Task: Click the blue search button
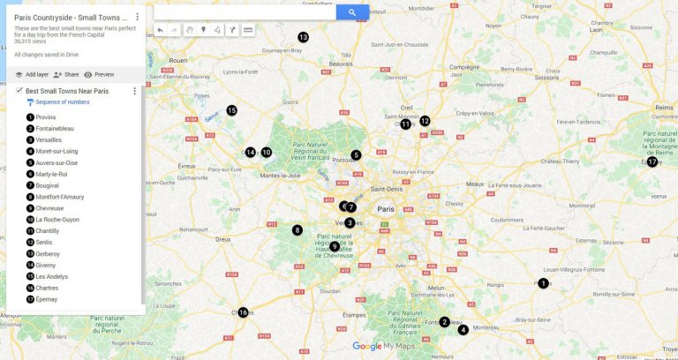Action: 352,12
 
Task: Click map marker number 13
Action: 303,37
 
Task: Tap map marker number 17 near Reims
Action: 652,161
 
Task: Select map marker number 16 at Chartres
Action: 243,311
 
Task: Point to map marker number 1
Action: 543,283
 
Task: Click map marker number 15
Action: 231,110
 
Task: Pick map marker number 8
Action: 298,230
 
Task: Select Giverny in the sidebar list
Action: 46,265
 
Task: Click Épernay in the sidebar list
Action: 47,299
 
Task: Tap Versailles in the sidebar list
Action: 49,140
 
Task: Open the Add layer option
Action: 31,75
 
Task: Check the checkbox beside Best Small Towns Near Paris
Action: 19,91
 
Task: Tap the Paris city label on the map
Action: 386,209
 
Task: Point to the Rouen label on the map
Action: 177,61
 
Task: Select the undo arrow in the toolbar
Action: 160,30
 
